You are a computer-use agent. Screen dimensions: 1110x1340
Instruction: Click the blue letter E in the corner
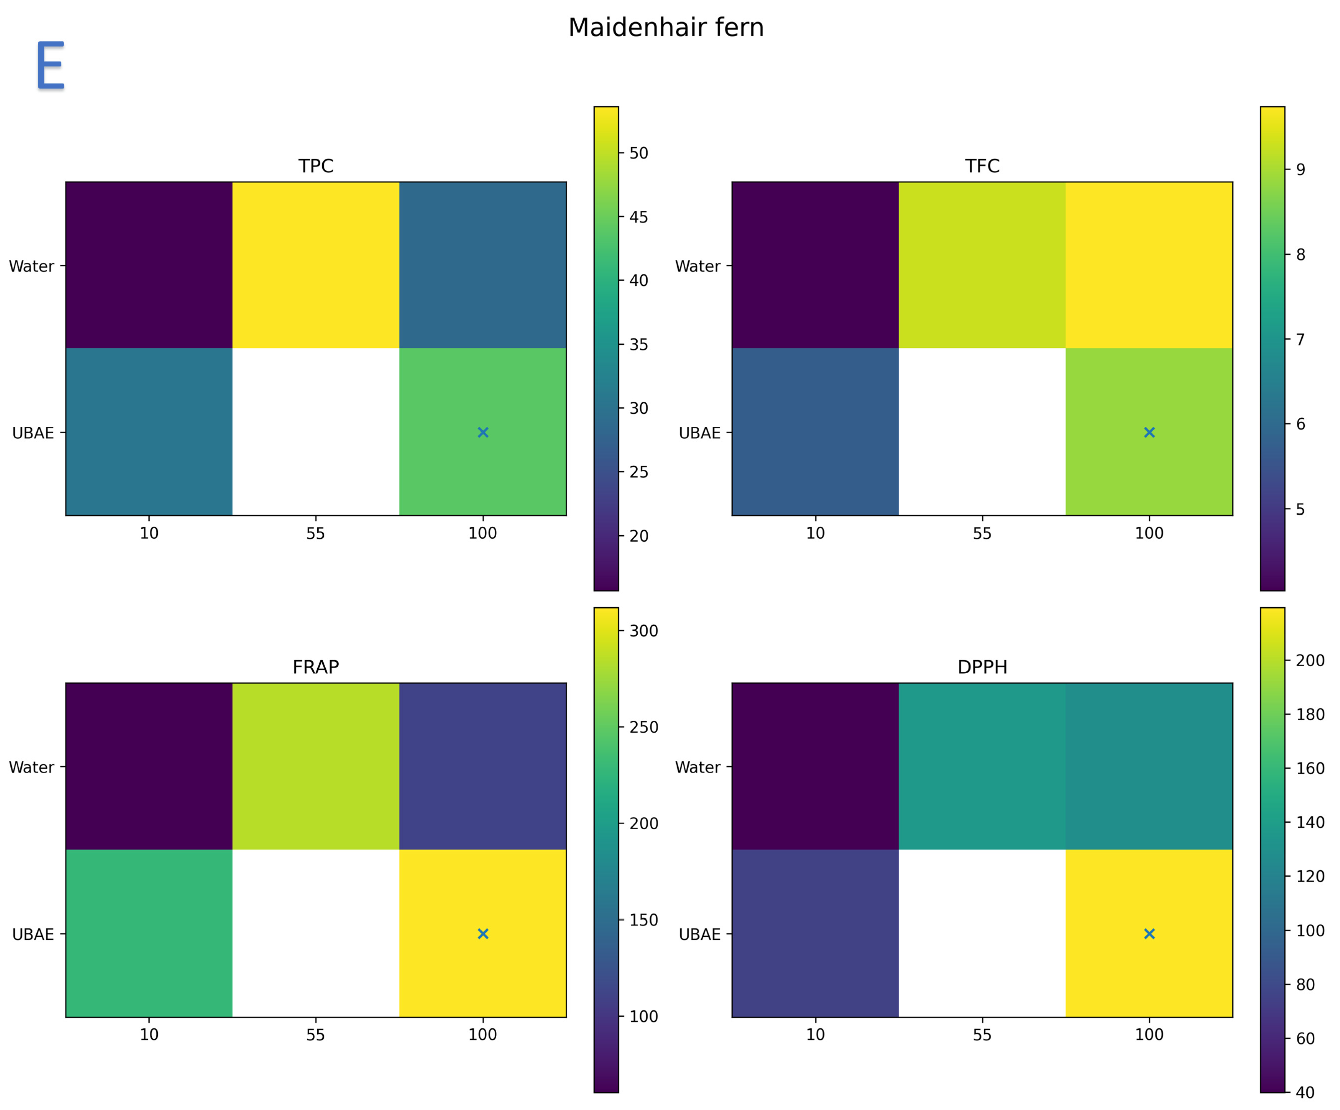pyautogui.click(x=51, y=65)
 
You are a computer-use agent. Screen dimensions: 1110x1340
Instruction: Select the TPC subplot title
pyautogui.click(x=316, y=166)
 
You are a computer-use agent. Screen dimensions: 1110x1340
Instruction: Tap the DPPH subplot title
pyautogui.click(x=982, y=667)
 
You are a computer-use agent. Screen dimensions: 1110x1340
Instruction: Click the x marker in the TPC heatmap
pyautogui.click(x=483, y=433)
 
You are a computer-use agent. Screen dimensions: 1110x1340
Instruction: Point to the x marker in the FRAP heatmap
pyautogui.click(x=483, y=934)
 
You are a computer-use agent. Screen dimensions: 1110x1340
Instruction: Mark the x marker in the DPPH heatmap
pyautogui.click(x=1149, y=934)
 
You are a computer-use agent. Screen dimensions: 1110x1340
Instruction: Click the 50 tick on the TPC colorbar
pyautogui.click(x=638, y=153)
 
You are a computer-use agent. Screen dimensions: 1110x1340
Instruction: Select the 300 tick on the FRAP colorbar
pyautogui.click(x=643, y=631)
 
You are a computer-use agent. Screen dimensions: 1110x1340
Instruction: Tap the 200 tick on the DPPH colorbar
pyautogui.click(x=1309, y=660)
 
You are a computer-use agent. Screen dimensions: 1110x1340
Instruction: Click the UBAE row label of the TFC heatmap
pyautogui.click(x=699, y=433)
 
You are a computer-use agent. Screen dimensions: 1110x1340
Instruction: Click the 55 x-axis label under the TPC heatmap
pyautogui.click(x=315, y=533)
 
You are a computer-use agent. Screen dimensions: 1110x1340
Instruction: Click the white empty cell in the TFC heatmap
pyautogui.click(x=982, y=432)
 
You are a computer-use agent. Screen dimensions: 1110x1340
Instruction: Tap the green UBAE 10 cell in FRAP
pyautogui.click(x=149, y=933)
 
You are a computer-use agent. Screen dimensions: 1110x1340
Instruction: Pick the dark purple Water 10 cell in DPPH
pyautogui.click(x=815, y=766)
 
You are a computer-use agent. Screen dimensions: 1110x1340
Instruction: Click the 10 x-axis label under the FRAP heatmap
pyautogui.click(x=149, y=1035)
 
